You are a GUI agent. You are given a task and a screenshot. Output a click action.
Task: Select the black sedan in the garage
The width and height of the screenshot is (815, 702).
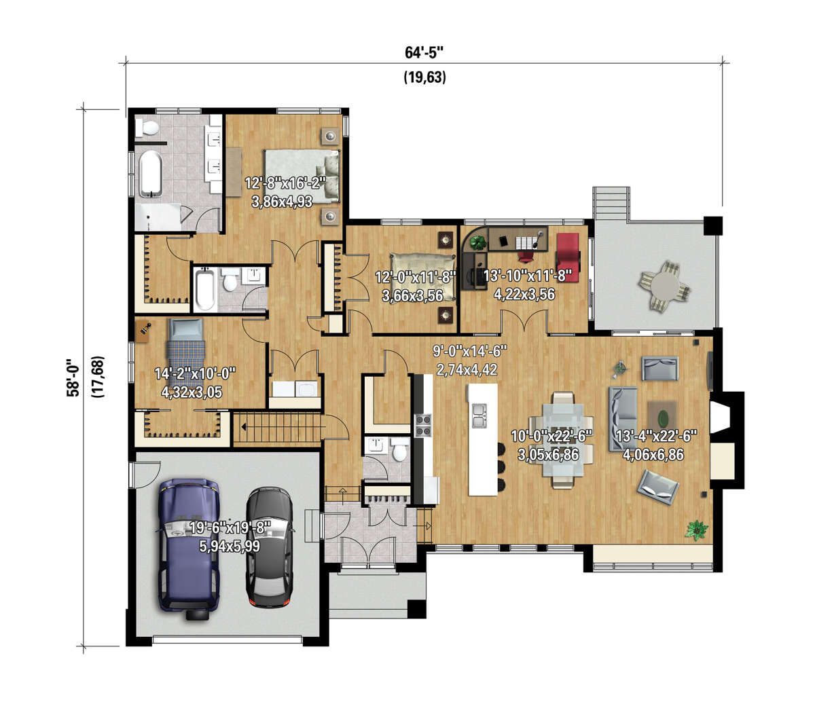pyautogui.click(x=270, y=549)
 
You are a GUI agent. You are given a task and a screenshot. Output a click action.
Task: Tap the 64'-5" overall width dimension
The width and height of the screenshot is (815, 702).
pyautogui.click(x=424, y=52)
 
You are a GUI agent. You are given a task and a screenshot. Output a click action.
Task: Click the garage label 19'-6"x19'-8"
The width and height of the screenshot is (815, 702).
pyautogui.click(x=230, y=528)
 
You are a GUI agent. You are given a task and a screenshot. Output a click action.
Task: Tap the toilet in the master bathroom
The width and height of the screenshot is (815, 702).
pyautogui.click(x=147, y=127)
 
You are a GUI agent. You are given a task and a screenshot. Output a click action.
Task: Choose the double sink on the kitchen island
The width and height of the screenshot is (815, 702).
pyautogui.click(x=479, y=415)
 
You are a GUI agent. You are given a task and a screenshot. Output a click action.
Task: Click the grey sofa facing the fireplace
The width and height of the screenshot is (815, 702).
pyautogui.click(x=623, y=419)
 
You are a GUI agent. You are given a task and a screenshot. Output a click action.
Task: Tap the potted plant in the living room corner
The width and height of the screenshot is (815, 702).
pyautogui.click(x=697, y=530)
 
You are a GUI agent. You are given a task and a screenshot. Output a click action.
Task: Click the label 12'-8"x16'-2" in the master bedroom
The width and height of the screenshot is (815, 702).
pyautogui.click(x=286, y=183)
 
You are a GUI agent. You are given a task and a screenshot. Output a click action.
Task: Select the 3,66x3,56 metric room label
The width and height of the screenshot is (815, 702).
pyautogui.click(x=412, y=295)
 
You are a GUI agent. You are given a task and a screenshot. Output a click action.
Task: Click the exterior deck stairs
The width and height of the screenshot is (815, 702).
pyautogui.click(x=611, y=204)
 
